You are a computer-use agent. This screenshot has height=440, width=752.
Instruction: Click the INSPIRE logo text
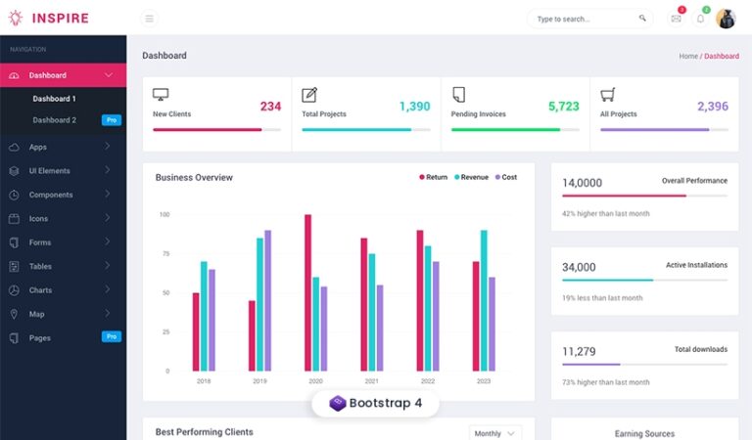[60, 19]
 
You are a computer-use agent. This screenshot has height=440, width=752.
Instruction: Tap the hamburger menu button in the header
[149, 19]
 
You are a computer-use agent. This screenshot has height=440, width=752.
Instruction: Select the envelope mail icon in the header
[676, 19]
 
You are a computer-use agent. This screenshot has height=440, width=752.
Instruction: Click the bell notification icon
[700, 19]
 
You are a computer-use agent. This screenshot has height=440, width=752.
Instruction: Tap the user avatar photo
[726, 19]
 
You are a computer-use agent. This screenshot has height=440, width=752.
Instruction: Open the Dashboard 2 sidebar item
[54, 120]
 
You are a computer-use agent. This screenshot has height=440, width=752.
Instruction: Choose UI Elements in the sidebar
[49, 171]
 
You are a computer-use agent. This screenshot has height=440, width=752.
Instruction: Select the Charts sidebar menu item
[40, 290]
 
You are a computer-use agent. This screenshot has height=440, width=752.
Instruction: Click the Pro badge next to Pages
[112, 336]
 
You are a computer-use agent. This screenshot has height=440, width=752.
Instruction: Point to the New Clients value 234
[270, 107]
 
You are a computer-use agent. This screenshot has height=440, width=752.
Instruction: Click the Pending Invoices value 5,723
[563, 107]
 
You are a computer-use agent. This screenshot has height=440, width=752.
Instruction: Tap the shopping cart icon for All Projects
[607, 95]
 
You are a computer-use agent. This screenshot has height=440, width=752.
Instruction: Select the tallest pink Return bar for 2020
[307, 292]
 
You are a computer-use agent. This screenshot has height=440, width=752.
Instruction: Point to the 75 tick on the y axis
[164, 253]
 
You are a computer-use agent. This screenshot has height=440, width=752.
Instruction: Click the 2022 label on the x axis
[428, 381]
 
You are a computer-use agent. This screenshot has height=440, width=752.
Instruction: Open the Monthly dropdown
[494, 433]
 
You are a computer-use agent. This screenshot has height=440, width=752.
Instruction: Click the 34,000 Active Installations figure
[579, 267]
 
